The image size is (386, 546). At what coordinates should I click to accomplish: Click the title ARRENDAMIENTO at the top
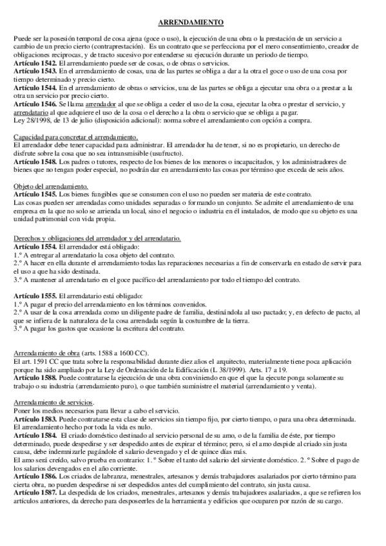click(192, 23)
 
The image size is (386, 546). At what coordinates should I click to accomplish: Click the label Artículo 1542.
click(35, 66)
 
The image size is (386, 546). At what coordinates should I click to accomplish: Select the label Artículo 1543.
click(35, 75)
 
